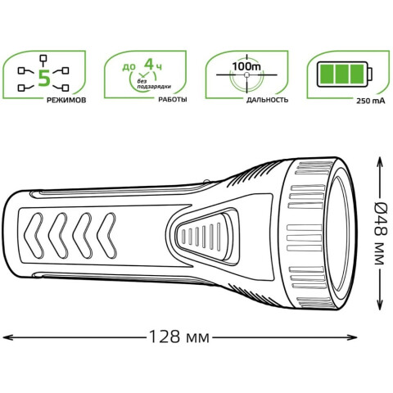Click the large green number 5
(x=44, y=78)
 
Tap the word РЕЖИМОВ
(x=66, y=100)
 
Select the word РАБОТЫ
(x=173, y=100)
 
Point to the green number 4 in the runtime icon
(x=149, y=65)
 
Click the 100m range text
(x=246, y=66)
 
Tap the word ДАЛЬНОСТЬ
(x=267, y=100)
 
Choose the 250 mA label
(x=371, y=101)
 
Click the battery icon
(x=345, y=75)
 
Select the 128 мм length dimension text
(x=179, y=337)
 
